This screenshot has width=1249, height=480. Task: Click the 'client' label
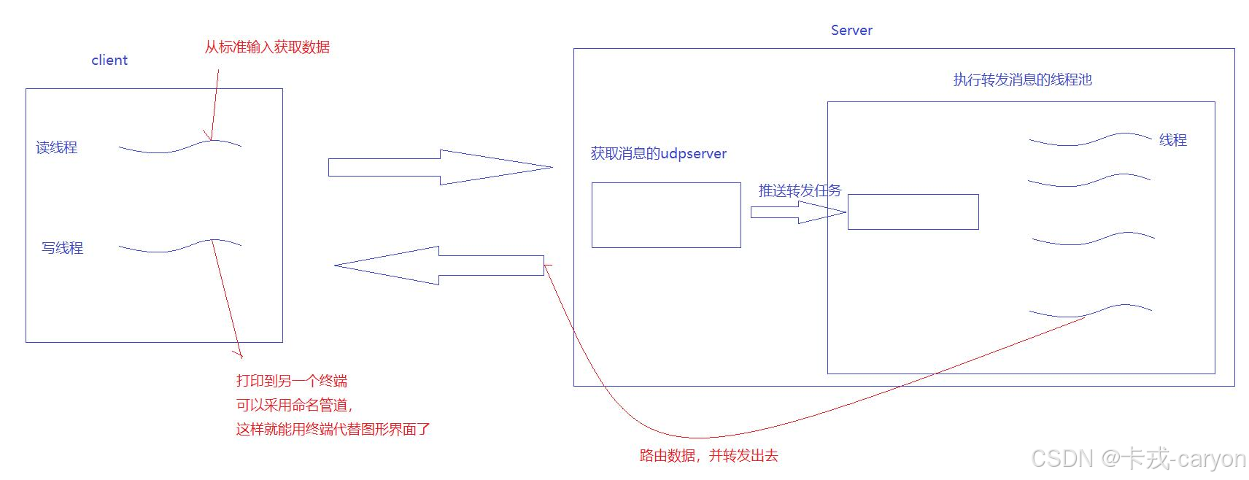[109, 61]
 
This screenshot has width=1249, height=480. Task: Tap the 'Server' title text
[851, 31]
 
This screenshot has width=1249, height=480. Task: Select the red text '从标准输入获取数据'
[267, 47]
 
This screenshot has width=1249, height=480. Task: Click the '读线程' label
[56, 147]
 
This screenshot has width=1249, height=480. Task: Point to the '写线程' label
[62, 248]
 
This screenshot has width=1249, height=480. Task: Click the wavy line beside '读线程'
[179, 147]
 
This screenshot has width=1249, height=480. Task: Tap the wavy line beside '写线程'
[179, 246]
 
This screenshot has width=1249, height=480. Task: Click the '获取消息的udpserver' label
[658, 154]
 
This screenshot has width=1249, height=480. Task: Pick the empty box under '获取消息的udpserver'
[666, 215]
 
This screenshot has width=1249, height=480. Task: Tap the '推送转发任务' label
[800, 191]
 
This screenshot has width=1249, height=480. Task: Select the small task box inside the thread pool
[913, 212]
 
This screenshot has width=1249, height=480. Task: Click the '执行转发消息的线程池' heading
[1022, 80]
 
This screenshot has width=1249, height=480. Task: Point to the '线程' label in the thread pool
[1172, 140]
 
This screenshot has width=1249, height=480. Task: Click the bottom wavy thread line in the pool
[1090, 311]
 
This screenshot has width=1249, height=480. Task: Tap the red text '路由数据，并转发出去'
[708, 456]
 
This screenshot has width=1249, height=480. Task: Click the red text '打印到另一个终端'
[291, 381]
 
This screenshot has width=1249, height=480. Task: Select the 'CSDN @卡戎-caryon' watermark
[1138, 459]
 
